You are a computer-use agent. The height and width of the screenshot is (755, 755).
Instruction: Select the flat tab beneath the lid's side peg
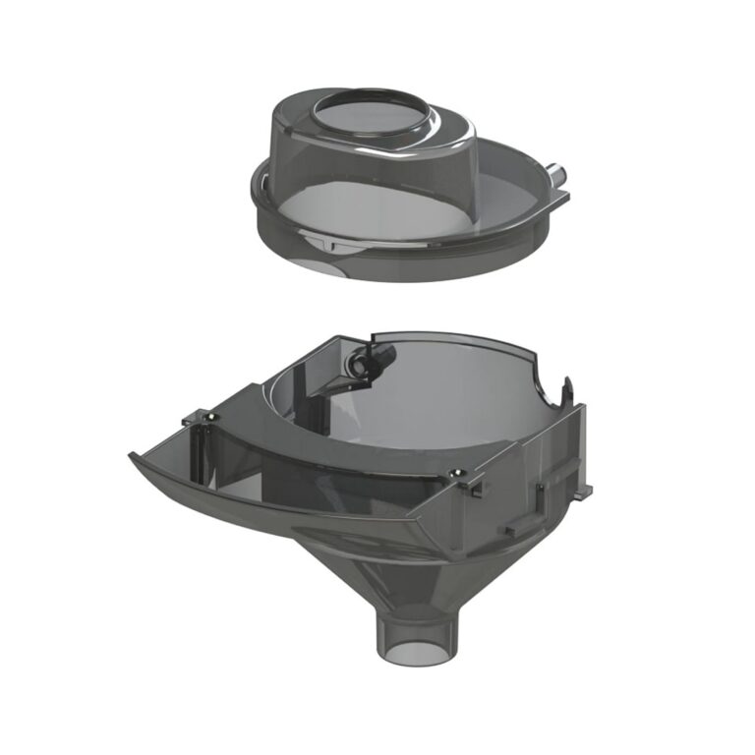click(x=558, y=200)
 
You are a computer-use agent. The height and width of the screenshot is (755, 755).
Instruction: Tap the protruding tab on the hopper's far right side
click(x=588, y=487)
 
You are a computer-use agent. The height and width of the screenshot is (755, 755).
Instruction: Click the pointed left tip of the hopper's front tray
click(x=132, y=454)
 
